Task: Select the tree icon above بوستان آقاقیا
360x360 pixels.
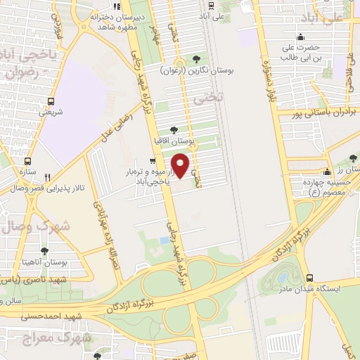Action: pyautogui.click(x=174, y=129)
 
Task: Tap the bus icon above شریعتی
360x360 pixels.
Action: pyautogui.click(x=50, y=100)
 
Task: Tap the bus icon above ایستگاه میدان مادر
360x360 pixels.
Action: pyautogui.click(x=309, y=278)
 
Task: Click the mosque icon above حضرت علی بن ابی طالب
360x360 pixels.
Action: pyautogui.click(x=301, y=37)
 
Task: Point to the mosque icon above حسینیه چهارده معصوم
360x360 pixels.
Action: pyautogui.click(x=326, y=172)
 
